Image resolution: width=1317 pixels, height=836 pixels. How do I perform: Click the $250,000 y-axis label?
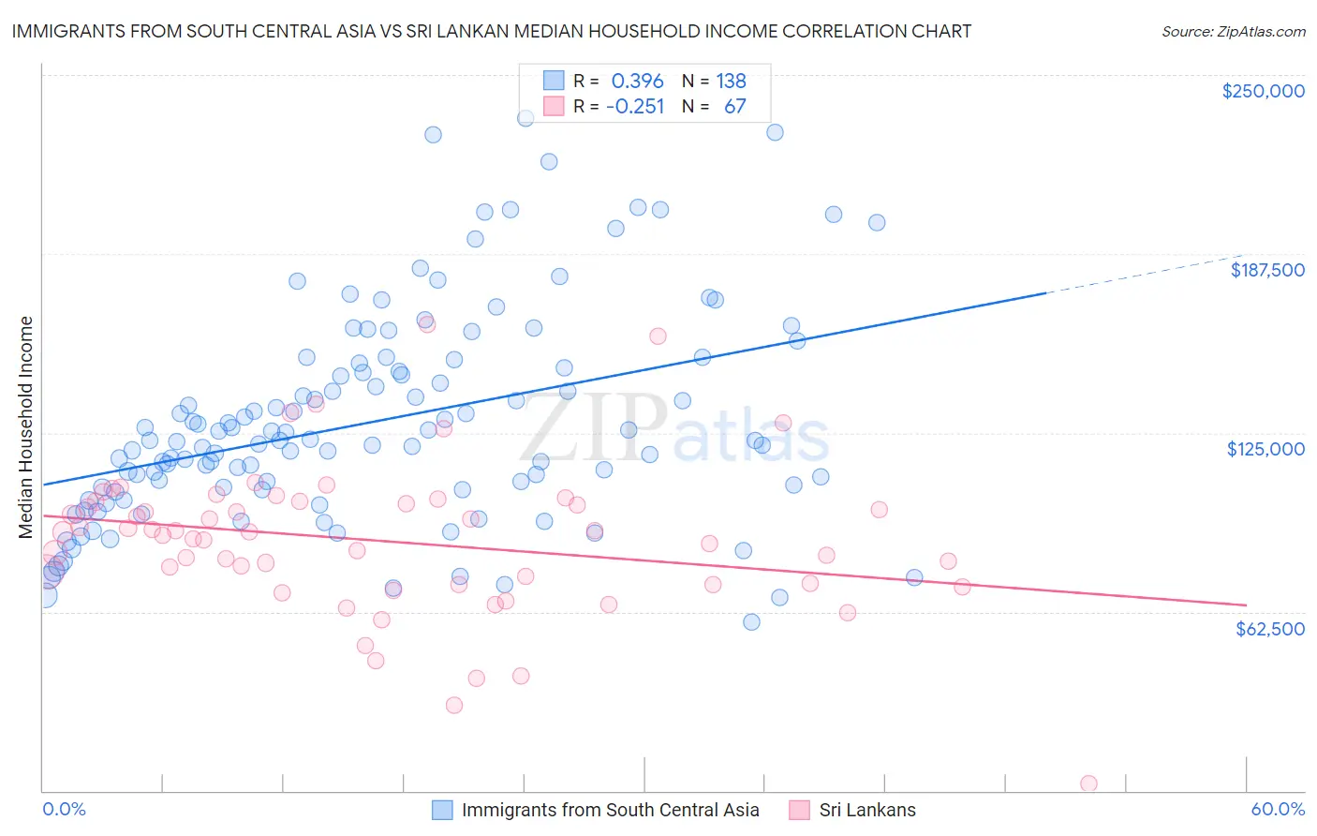[x=1263, y=91]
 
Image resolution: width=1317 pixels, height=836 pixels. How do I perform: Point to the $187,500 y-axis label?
[x=1266, y=270]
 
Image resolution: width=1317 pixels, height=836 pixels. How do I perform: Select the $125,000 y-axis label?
[x=1265, y=449]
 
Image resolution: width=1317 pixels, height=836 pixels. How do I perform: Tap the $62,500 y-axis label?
[x=1270, y=629]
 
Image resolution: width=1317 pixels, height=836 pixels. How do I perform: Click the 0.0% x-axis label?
[x=64, y=809]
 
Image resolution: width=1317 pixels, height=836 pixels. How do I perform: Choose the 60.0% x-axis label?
[x=1277, y=809]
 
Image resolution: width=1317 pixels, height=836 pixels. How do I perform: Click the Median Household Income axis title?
[x=25, y=427]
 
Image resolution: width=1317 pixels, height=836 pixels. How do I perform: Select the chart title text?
[x=491, y=31]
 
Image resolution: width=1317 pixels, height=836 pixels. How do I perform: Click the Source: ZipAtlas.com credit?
[x=1233, y=31]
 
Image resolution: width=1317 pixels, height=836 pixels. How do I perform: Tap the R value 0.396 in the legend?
[x=637, y=81]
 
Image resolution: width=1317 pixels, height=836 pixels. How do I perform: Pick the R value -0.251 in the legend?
[x=635, y=106]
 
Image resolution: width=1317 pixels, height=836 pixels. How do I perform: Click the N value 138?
[x=731, y=81]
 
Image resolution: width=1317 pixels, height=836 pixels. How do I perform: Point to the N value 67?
[x=734, y=106]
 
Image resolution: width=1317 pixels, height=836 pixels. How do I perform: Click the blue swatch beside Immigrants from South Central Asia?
[x=442, y=810]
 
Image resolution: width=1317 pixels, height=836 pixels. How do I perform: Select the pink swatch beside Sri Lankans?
[x=799, y=810]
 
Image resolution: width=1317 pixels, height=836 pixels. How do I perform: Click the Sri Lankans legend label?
[x=867, y=810]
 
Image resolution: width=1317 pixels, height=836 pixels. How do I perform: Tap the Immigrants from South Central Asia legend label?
[x=610, y=810]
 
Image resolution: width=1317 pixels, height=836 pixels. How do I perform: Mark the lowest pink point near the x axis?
[x=1088, y=784]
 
